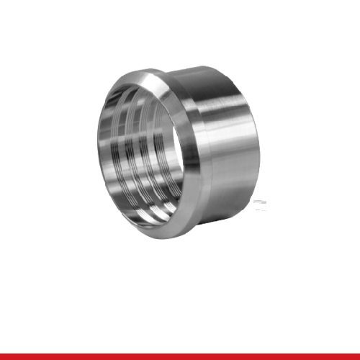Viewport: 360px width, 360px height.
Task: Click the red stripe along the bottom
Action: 180,356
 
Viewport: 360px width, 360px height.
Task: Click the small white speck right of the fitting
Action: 260,202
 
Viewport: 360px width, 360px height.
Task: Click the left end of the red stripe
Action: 3,356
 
